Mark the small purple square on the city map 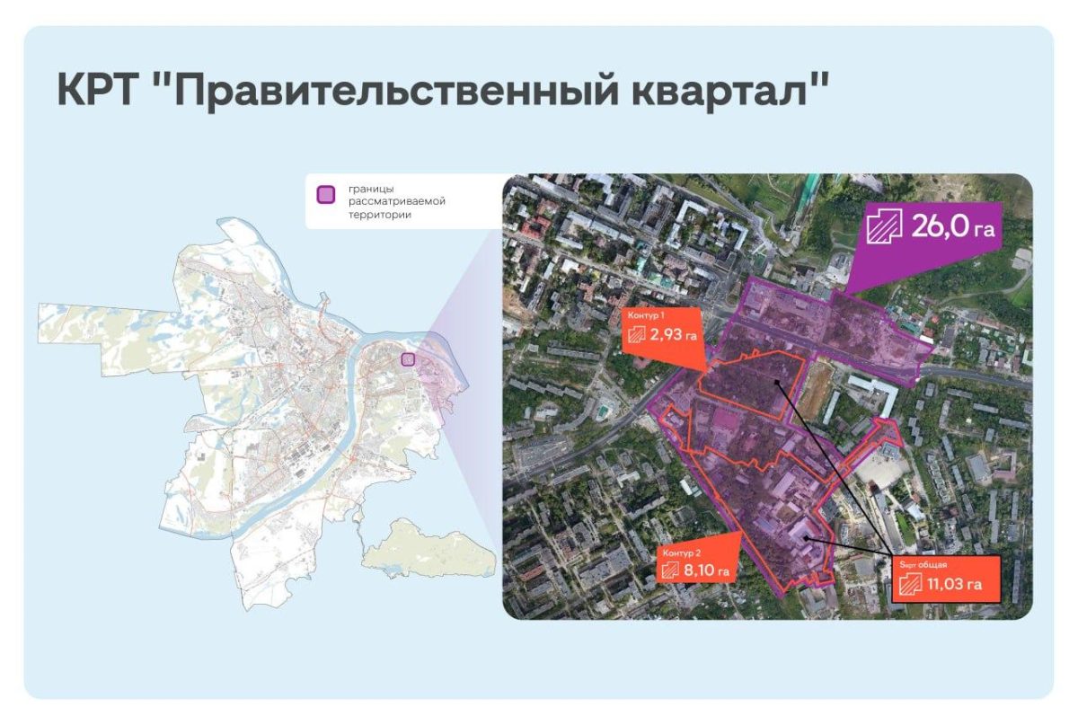(x=407, y=359)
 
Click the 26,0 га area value (x=953, y=227)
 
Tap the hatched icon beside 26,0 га (x=884, y=227)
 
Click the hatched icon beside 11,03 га (x=912, y=585)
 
